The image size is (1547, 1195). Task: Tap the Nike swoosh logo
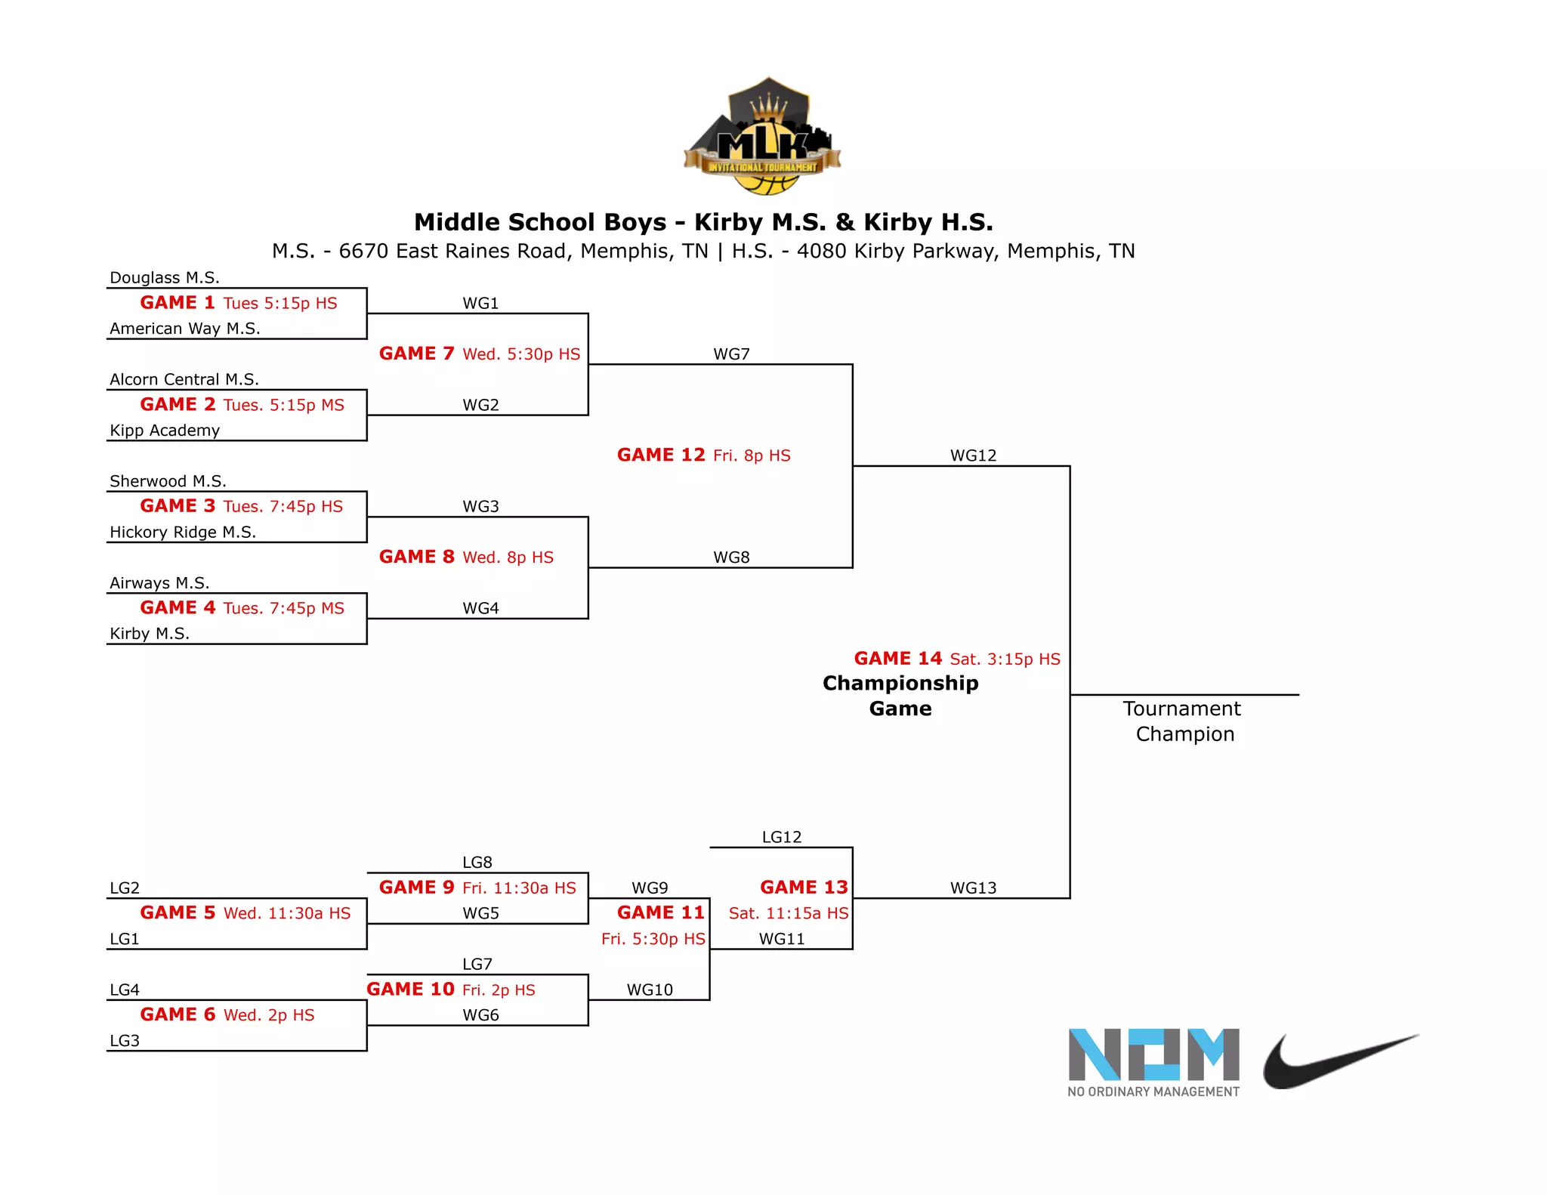click(1339, 1061)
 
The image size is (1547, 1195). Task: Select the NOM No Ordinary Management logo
click(1153, 1062)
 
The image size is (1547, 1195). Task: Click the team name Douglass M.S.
click(165, 278)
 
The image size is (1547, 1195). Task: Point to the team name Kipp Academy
click(165, 431)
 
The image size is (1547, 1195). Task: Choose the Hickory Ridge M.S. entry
click(183, 533)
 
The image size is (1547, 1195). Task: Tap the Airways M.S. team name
click(159, 583)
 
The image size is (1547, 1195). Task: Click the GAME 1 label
click(178, 303)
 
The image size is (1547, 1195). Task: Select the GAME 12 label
click(661, 455)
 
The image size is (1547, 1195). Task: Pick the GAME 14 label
click(898, 659)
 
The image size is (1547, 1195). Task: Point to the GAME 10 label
click(410, 990)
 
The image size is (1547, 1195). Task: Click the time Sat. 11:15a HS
click(789, 913)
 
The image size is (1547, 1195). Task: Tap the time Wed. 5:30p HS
click(521, 354)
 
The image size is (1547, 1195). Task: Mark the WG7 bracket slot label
click(731, 354)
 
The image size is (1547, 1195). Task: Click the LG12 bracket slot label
click(781, 837)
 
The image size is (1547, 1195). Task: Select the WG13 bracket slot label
click(973, 888)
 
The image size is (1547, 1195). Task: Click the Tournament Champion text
click(1183, 721)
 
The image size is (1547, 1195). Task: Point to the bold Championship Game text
click(900, 696)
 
